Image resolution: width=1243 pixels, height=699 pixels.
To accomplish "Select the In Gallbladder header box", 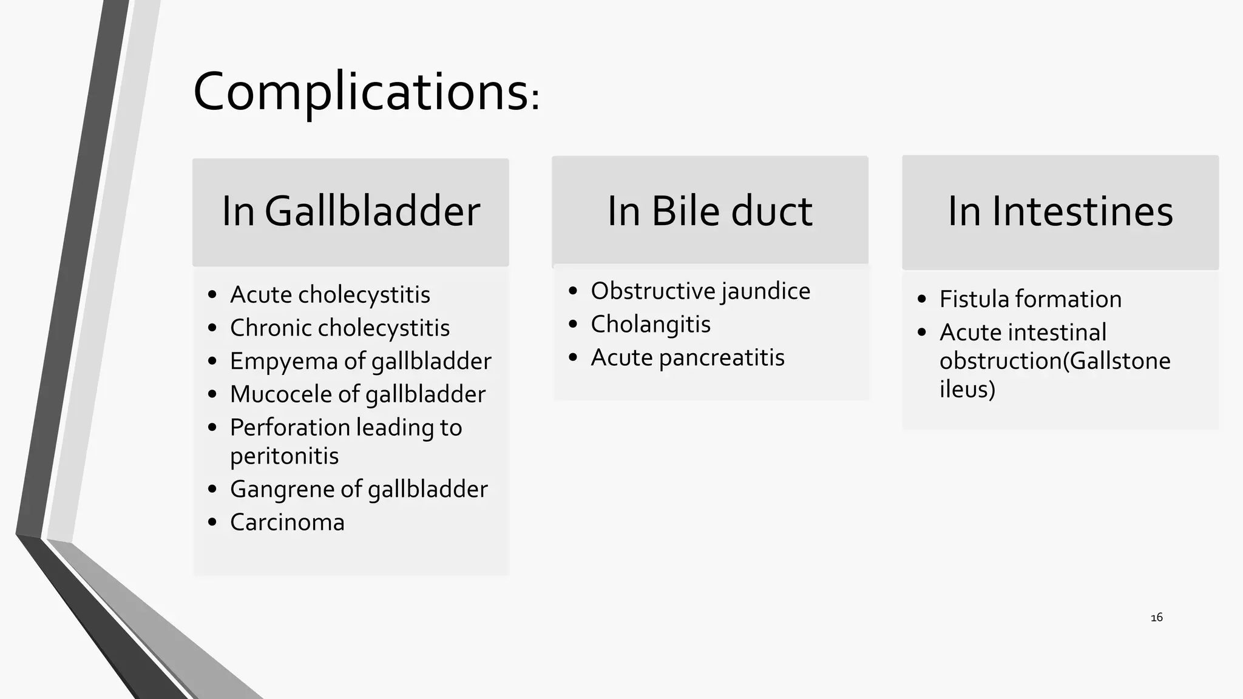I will (351, 212).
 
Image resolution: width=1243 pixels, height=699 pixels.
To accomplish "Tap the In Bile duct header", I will (710, 212).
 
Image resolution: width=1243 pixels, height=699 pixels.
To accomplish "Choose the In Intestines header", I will (1060, 212).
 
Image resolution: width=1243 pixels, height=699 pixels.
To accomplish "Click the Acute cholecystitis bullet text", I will (330, 295).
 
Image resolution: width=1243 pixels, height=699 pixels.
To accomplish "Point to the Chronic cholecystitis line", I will (339, 328).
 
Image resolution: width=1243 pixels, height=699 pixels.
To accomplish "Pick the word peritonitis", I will (284, 456).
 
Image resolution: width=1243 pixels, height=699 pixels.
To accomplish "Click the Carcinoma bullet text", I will (287, 522).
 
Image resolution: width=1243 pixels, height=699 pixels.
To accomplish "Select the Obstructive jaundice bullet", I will (700, 291).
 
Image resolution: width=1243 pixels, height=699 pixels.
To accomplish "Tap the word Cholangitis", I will (651, 325).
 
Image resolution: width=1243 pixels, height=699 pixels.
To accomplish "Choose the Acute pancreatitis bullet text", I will (688, 358).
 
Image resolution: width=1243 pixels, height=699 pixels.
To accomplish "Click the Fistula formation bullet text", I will (1031, 299).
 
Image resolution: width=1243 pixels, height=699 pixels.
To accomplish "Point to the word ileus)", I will (967, 390).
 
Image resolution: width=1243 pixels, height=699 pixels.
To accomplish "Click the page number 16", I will (1157, 618).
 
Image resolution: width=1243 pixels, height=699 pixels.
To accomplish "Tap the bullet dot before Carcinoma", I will (212, 522).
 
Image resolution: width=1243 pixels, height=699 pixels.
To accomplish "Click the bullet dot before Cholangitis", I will (573, 325).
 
